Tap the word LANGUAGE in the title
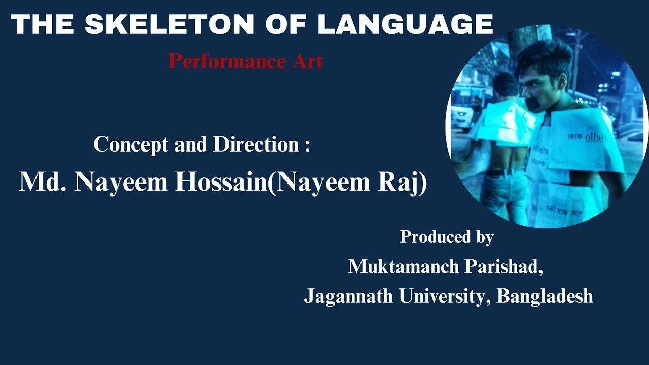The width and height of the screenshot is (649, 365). tap(405, 24)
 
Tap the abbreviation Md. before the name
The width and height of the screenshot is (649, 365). tap(43, 182)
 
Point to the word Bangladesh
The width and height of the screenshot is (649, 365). tap(545, 296)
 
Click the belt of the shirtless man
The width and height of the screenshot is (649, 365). tap(499, 172)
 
